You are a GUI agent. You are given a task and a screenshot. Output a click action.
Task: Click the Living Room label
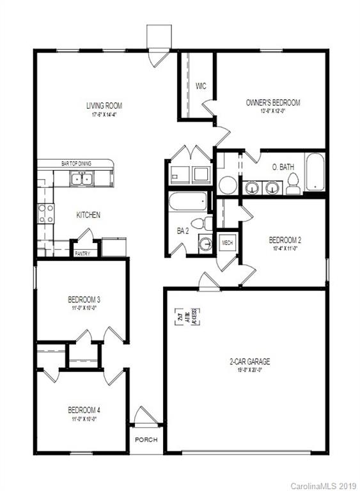point(104,105)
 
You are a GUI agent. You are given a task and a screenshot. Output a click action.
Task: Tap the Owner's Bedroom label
point(272,102)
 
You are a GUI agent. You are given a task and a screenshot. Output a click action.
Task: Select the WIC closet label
point(200,86)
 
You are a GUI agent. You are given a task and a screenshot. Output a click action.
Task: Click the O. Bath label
point(283,167)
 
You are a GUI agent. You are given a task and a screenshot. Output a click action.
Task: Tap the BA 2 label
point(182,230)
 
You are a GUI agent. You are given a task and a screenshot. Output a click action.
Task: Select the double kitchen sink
point(81,179)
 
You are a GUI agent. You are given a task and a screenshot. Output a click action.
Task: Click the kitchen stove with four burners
point(45,212)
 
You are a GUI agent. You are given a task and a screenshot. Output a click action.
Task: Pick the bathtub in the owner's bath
point(315,173)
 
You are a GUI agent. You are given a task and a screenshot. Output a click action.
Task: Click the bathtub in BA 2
point(188,203)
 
